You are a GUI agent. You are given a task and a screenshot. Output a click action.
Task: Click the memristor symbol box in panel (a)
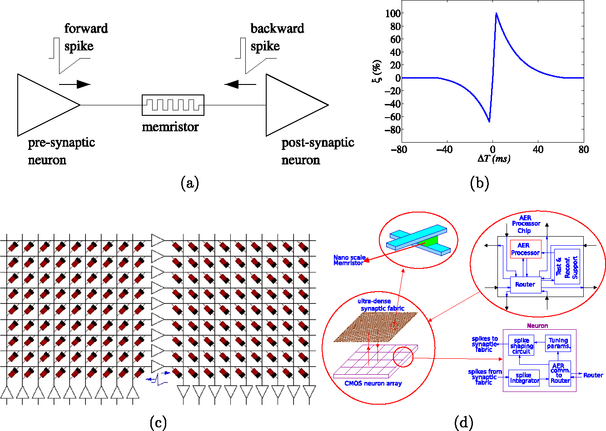[173, 105]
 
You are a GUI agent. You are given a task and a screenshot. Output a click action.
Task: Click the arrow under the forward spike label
[75, 84]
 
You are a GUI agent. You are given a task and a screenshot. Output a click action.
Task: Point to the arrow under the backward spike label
[240, 84]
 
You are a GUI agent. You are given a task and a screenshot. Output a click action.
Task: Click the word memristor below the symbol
[170, 127]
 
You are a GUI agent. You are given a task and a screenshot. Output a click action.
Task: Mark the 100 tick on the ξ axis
[392, 13]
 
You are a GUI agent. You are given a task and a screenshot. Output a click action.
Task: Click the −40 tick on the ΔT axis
[444, 149]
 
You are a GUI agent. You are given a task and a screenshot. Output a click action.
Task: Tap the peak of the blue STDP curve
[496, 13]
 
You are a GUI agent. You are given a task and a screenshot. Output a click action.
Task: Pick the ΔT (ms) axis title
[493, 159]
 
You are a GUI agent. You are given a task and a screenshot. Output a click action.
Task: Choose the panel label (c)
[158, 423]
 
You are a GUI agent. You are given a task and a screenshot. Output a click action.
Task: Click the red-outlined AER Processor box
[526, 249]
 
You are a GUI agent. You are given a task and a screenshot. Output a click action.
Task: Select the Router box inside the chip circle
[525, 284]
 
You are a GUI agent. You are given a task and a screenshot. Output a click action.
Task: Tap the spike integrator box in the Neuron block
[524, 378]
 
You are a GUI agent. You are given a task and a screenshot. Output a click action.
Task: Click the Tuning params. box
[558, 343]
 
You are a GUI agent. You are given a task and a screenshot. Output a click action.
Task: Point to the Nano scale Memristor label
[348, 260]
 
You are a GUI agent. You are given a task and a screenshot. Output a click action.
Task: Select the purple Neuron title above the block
[537, 326]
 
